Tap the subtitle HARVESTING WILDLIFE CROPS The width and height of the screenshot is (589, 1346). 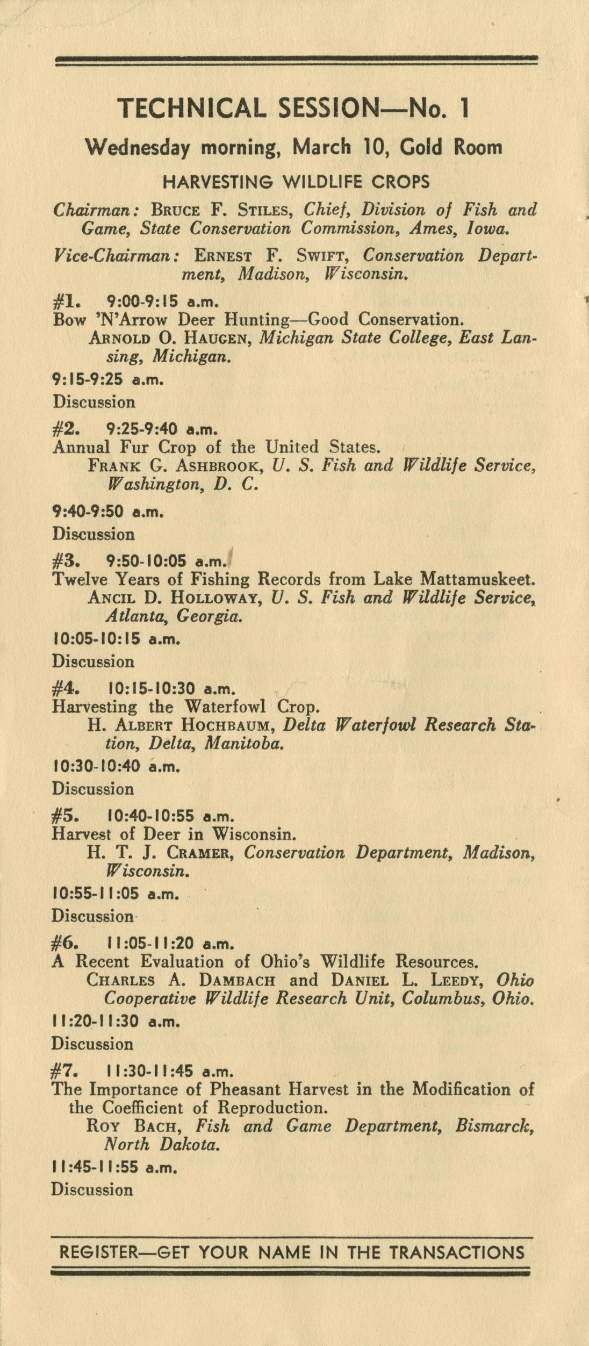pyautogui.click(x=296, y=182)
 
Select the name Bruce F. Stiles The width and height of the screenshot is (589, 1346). pyautogui.click(x=221, y=210)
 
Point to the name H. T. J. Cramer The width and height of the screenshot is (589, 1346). pyautogui.click(x=162, y=852)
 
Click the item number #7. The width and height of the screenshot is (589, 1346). pyautogui.click(x=65, y=1071)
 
